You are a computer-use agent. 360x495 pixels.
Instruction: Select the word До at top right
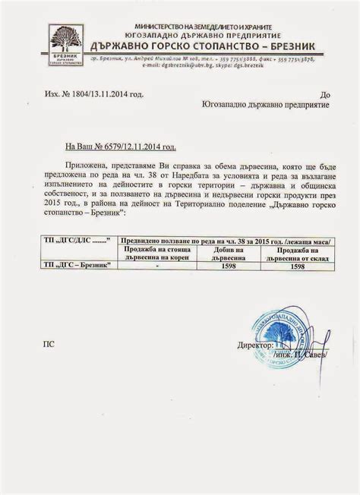(326, 95)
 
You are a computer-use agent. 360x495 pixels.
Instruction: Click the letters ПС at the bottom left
(49, 344)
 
